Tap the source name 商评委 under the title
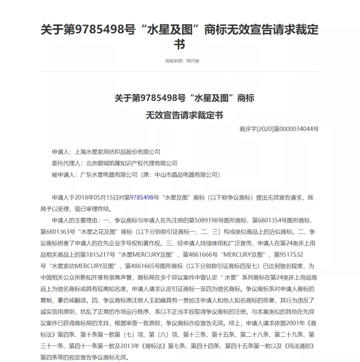193,61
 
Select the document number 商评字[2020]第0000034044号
279,129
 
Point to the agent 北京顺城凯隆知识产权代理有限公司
132,163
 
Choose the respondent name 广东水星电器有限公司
109,175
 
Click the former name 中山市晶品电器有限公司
185,175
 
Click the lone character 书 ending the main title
179,44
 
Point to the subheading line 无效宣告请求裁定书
184,115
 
